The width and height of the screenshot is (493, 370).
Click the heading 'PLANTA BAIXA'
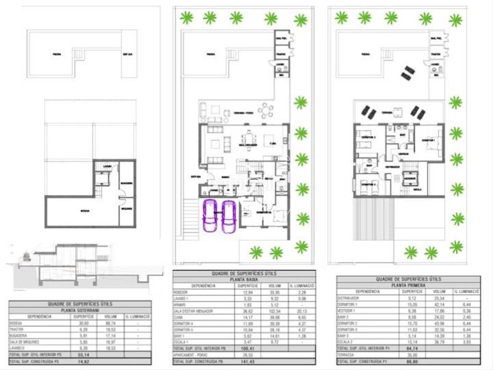coord(245,279)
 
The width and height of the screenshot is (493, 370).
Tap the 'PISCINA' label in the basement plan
coord(56,54)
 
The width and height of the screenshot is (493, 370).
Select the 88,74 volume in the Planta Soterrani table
coord(111,323)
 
